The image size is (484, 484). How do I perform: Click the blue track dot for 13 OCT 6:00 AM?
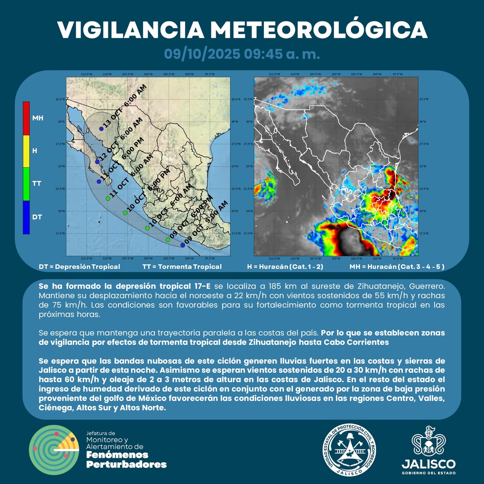click(101, 129)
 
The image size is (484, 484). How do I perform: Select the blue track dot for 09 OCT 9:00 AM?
click(183, 245)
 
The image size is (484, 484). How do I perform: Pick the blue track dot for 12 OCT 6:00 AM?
click(97, 162)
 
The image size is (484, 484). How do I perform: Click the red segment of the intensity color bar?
click(26, 118)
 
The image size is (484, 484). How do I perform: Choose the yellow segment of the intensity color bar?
click(26, 151)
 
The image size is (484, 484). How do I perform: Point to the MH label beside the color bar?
click(38, 118)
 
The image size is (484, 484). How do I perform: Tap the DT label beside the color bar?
click(37, 217)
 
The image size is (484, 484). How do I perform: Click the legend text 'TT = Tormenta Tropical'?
click(182, 267)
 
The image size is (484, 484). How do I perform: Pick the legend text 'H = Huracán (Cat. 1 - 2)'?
click(285, 267)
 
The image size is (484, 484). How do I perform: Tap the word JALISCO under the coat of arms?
click(429, 464)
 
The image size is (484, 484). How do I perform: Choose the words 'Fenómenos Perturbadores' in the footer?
click(126, 460)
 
